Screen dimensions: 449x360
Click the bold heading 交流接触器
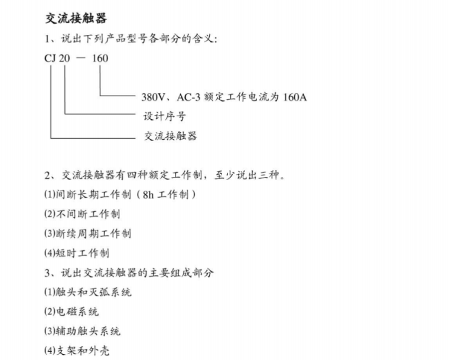pyautogui.click(x=76, y=18)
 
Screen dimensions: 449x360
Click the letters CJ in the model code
pyautogui.click(x=51, y=58)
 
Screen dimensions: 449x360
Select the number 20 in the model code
pyautogui.click(x=65, y=58)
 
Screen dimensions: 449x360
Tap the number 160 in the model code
pyautogui.click(x=100, y=58)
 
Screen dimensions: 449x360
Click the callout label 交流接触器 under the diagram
pyautogui.click(x=170, y=136)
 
